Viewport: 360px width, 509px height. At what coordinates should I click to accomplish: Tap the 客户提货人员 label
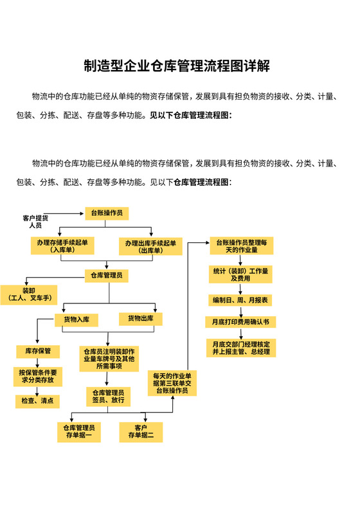point(35,222)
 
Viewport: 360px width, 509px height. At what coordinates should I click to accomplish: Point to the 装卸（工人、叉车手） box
point(29,294)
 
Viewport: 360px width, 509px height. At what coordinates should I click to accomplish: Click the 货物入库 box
point(76,319)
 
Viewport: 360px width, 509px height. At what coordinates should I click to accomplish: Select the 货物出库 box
point(140,319)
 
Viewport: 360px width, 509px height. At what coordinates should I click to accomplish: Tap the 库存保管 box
point(38,351)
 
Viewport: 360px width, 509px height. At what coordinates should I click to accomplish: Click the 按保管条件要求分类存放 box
point(37,376)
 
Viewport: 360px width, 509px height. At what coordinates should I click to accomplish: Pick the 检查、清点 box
point(37,401)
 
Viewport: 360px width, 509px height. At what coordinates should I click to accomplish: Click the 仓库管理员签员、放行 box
point(109,396)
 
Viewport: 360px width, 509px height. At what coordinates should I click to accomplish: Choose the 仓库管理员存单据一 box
point(78,432)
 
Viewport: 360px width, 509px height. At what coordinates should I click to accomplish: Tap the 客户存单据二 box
point(141,432)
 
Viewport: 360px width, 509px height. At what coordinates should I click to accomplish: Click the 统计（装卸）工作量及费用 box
point(240,275)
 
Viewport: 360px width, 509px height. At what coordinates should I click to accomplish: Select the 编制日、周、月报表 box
point(240,300)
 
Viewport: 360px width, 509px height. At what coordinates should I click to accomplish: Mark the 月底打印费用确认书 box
point(240,321)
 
